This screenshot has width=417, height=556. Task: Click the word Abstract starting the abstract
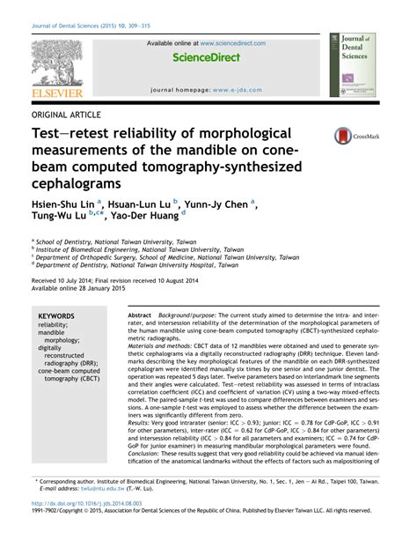tap(140, 315)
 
